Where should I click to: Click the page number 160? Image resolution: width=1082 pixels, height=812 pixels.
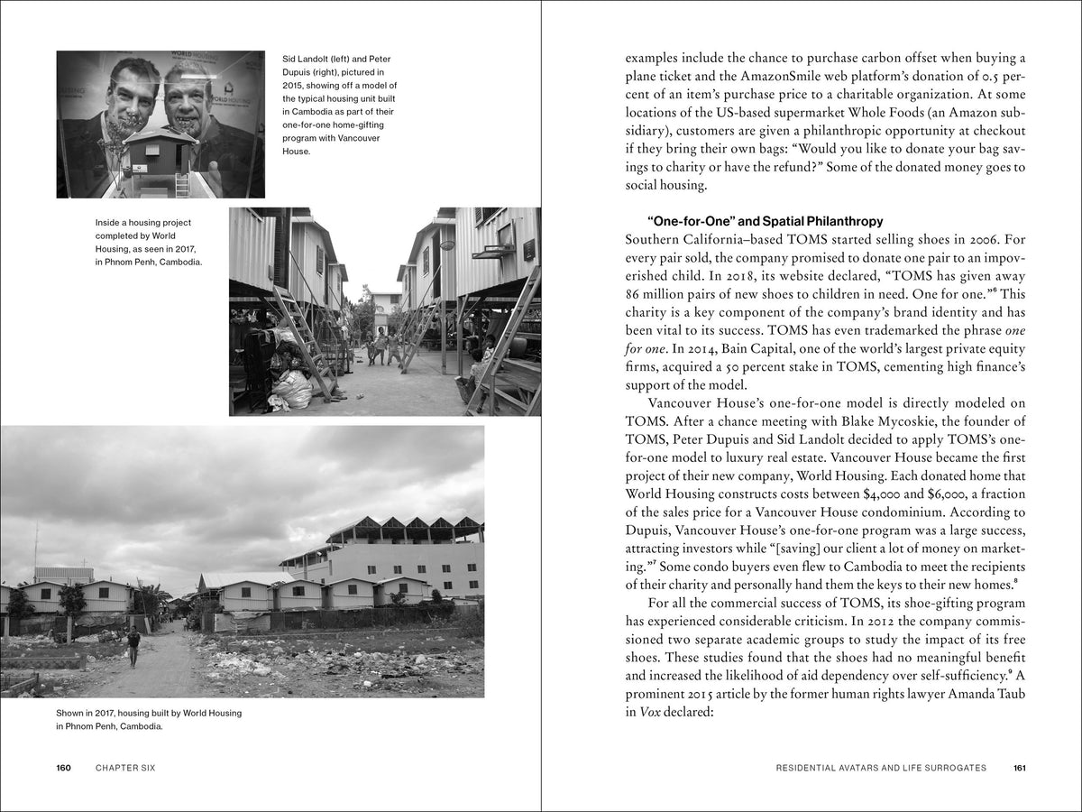tap(63, 768)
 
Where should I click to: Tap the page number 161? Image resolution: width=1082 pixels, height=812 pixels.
tap(1020, 768)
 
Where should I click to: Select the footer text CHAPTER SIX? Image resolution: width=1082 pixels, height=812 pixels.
tap(125, 768)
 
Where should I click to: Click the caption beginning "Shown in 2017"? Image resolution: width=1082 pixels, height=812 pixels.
tap(149, 719)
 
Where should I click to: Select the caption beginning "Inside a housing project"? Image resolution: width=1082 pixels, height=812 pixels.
tap(149, 242)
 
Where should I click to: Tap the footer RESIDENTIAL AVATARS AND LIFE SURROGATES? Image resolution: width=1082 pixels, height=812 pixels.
tap(880, 768)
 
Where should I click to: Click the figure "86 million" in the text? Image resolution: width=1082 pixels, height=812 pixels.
tap(656, 295)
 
